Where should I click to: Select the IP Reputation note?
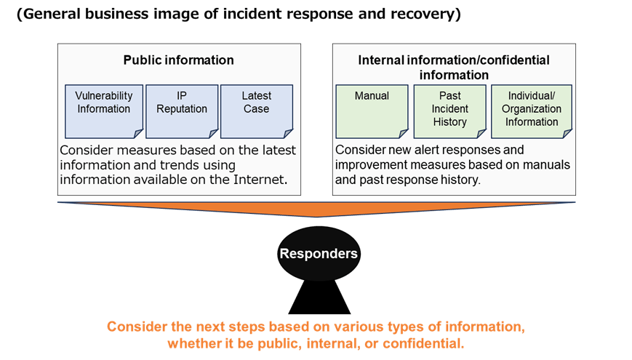(x=181, y=110)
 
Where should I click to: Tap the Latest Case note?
(x=256, y=110)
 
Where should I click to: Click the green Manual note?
(x=372, y=111)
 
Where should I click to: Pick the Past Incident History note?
(x=449, y=111)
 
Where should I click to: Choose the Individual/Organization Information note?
(x=531, y=111)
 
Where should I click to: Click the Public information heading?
(x=178, y=60)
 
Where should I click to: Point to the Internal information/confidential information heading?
(x=454, y=67)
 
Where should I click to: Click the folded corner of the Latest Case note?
(x=285, y=132)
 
